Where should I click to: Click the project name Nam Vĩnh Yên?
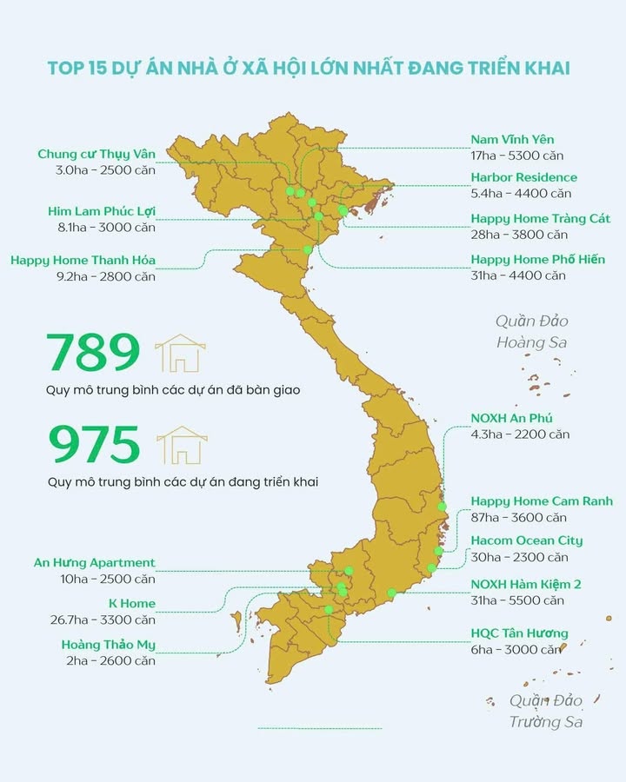(512, 139)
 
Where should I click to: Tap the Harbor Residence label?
(523, 177)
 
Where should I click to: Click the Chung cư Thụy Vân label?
(97, 154)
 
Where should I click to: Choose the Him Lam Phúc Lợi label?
(101, 211)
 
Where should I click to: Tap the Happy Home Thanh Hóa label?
(83, 259)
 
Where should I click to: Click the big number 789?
(93, 353)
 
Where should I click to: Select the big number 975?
(93, 444)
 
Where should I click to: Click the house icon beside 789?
(180, 353)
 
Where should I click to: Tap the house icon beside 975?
(180, 444)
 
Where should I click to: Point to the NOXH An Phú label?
(511, 418)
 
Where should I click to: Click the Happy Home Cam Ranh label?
(542, 501)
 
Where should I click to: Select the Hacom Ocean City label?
(527, 540)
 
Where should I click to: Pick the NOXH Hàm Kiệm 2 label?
(525, 584)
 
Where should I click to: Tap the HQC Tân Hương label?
(519, 633)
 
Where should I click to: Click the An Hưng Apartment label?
(95, 563)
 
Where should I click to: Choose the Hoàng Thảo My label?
(109, 645)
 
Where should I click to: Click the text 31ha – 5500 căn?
(517, 600)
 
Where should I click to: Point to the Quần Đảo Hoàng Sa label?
(532, 332)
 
